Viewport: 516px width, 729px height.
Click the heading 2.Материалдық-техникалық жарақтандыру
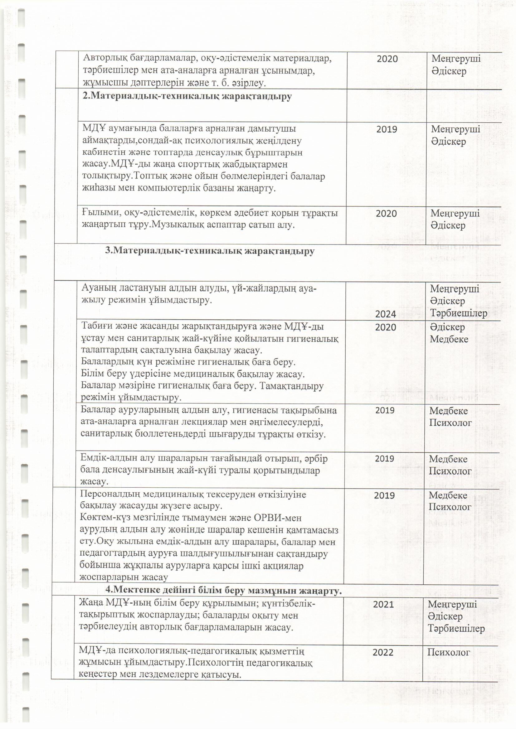point(187,97)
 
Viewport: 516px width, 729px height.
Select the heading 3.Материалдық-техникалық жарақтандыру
point(210,251)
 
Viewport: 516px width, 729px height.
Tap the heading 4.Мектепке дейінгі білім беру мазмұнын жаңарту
point(224,590)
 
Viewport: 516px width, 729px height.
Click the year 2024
point(385,314)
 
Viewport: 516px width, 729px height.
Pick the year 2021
point(383,604)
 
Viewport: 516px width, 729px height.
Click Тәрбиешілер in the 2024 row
point(459,313)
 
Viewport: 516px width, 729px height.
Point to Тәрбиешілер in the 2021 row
point(456,629)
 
